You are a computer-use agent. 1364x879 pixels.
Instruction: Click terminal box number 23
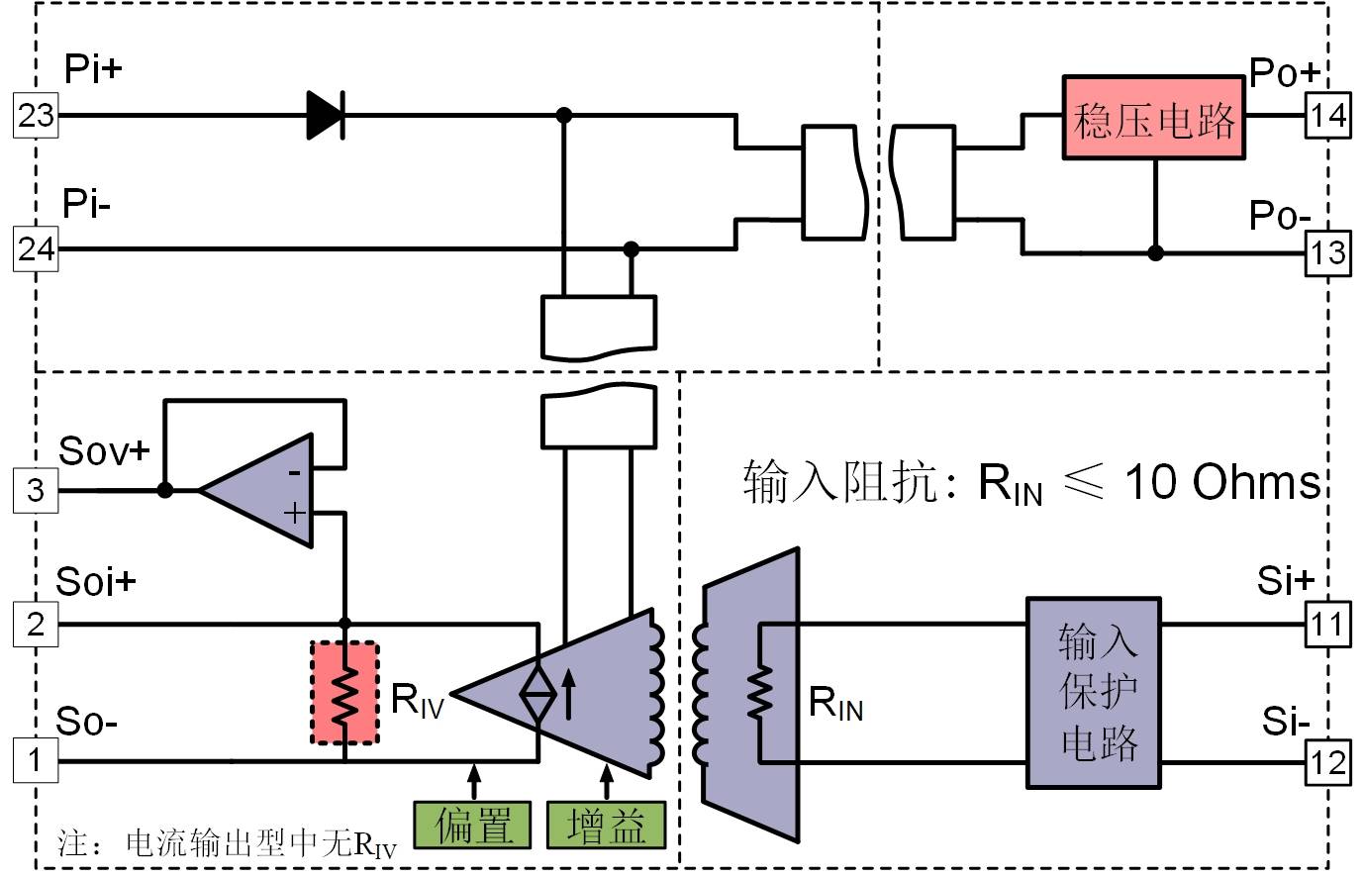(36, 115)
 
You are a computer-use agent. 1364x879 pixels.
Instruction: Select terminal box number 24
(36, 249)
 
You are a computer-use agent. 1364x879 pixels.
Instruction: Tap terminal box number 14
(1327, 115)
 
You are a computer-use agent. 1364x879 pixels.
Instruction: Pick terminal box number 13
(1327, 252)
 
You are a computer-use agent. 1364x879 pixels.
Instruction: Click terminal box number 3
(36, 490)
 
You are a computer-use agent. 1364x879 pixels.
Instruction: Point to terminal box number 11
(1327, 625)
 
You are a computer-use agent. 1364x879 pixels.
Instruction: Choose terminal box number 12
(1327, 762)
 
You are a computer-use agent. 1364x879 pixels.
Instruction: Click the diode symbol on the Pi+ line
(327, 115)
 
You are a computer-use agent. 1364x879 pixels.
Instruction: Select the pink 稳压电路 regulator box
(1154, 118)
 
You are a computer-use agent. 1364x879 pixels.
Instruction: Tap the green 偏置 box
(472, 826)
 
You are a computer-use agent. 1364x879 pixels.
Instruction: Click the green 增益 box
(607, 826)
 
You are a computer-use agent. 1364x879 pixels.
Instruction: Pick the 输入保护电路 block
(1094, 693)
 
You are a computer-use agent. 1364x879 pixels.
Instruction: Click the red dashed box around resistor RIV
(344, 693)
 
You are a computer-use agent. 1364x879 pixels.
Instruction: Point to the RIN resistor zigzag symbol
(760, 693)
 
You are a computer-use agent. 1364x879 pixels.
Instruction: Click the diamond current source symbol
(538, 694)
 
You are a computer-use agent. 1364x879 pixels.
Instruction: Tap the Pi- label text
(86, 203)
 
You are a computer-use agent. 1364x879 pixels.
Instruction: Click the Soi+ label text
(96, 581)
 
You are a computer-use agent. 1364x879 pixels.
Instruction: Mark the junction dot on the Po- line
(1155, 252)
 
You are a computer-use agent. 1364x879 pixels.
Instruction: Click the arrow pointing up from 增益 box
(607, 783)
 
